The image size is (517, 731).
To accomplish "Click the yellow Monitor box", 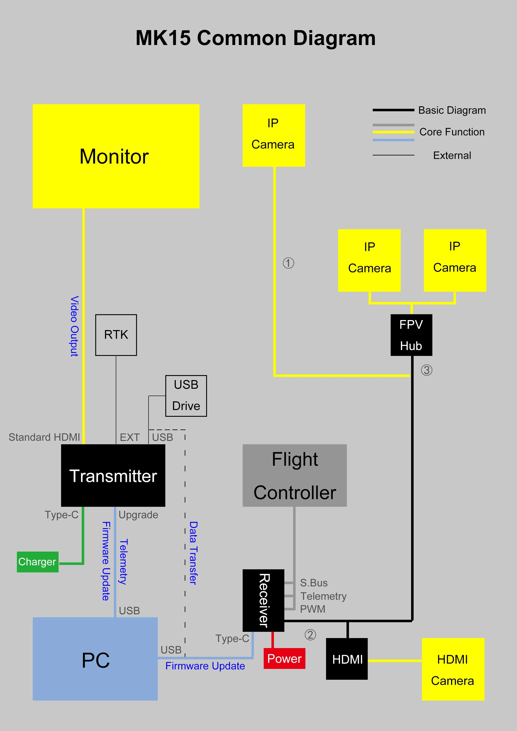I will tap(116, 156).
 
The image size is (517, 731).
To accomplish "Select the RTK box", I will tap(116, 335).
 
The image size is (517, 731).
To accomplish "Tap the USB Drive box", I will tap(186, 396).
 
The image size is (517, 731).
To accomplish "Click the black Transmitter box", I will tap(113, 475).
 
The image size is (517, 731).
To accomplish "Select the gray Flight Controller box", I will tap(295, 475).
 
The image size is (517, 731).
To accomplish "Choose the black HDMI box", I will tap(347, 659).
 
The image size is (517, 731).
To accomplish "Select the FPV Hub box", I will tap(411, 335).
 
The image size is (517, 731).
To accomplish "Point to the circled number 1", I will tap(289, 263).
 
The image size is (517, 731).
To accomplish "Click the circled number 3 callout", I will tap(427, 370).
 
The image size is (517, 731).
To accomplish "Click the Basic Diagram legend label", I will tap(452, 110).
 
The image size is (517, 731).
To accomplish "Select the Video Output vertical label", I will tap(74, 326).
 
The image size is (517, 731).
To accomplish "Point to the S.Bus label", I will tap(314, 583).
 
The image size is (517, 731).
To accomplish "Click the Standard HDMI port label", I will tap(44, 437).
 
